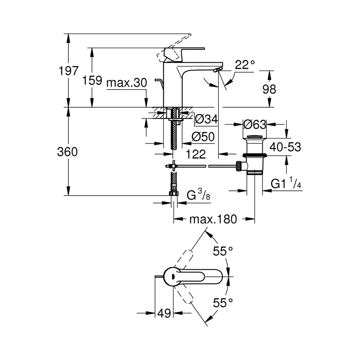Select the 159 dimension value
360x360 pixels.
(92, 80)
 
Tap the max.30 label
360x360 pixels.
(127, 83)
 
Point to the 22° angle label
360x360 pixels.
(244, 65)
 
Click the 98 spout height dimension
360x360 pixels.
(270, 89)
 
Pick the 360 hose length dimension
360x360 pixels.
(68, 152)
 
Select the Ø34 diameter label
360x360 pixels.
(206, 119)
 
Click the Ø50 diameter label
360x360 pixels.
(203, 137)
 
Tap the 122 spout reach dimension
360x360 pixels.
(196, 154)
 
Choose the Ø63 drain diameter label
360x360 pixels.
(255, 124)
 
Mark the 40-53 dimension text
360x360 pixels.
(285, 147)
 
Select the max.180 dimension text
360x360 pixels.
(213, 219)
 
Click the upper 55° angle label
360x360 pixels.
(223, 252)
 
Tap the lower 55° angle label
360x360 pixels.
(223, 303)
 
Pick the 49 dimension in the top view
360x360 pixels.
(163, 313)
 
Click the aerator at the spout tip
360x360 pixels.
(218, 70)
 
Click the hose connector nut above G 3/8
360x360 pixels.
(173, 194)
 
